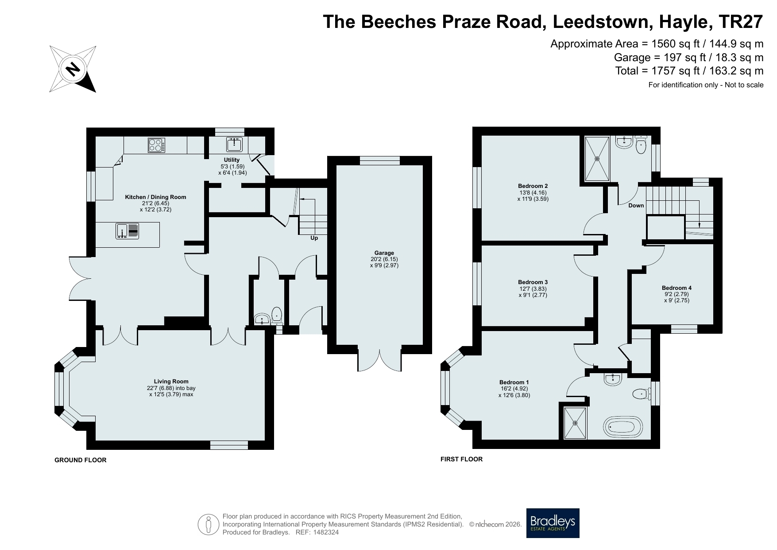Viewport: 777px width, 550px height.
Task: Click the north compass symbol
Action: click(73, 69)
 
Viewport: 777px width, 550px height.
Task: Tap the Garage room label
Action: click(384, 253)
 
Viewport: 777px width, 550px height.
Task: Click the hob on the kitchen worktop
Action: click(156, 145)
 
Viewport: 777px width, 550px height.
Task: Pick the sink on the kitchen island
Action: click(128, 231)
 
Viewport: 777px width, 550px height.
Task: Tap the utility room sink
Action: click(234, 144)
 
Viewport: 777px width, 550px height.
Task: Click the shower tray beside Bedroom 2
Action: click(598, 159)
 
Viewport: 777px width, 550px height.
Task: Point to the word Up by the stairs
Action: click(314, 238)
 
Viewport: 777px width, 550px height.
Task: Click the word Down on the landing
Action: click(636, 206)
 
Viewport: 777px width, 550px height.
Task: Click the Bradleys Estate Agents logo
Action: click(553, 523)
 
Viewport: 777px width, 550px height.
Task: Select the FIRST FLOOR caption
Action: click(461, 459)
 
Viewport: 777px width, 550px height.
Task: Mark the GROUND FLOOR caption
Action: click(81, 460)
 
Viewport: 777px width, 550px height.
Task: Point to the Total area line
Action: click(689, 70)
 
